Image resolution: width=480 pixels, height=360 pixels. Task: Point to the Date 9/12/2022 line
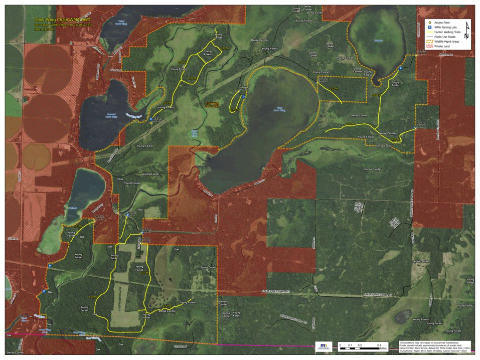point(45,29)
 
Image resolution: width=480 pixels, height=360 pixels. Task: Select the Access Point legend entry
point(444,23)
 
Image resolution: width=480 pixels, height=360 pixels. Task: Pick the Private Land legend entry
point(443,46)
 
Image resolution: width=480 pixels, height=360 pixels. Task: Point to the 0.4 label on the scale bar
point(379,345)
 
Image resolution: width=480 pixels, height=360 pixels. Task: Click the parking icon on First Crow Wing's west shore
point(243,97)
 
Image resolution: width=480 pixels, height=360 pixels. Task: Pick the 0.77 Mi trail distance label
point(144,273)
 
